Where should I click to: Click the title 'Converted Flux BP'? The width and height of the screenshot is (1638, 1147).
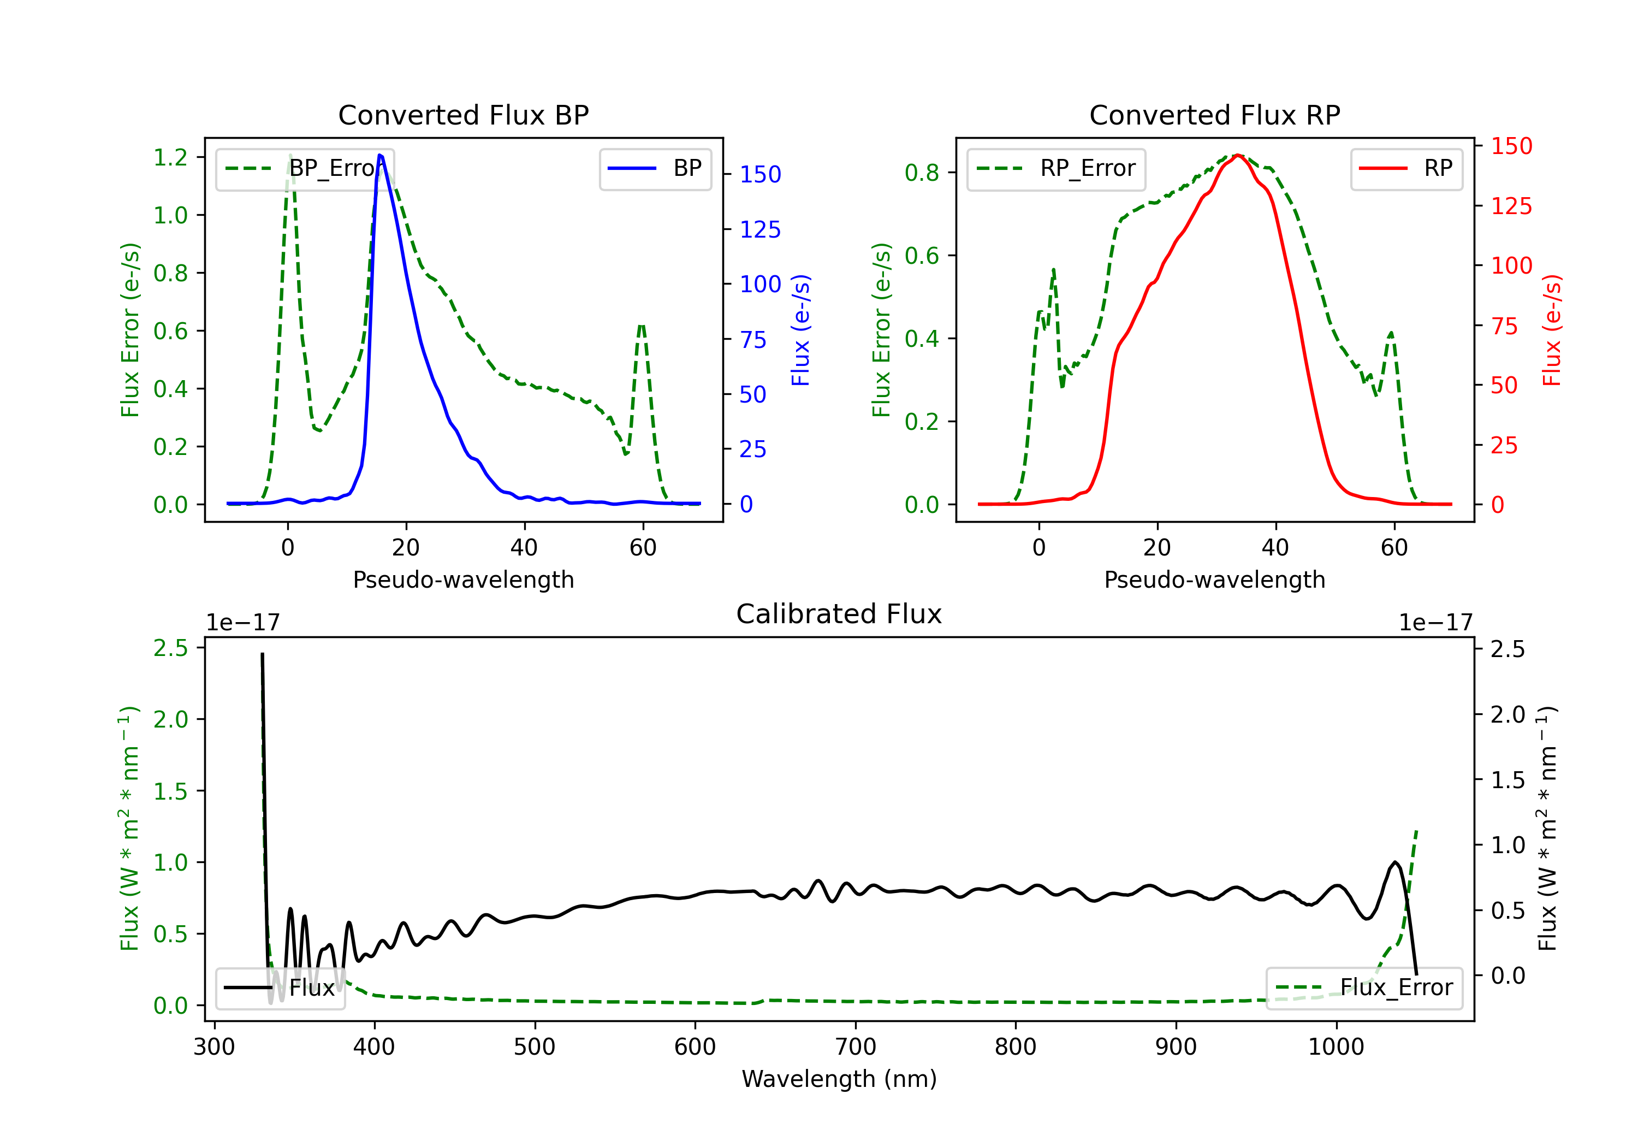click(x=464, y=115)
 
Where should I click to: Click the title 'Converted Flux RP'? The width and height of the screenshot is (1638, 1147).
click(x=1215, y=115)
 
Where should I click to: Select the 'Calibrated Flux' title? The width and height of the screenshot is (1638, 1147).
click(x=839, y=614)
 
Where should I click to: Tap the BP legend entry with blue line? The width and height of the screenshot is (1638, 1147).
click(x=655, y=168)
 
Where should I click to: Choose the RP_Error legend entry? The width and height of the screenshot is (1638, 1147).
click(x=1056, y=168)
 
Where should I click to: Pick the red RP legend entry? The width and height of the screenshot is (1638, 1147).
click(x=1406, y=168)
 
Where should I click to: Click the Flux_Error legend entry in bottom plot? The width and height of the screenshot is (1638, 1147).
click(x=1364, y=988)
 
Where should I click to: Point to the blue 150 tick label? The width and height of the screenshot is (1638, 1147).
click(x=761, y=174)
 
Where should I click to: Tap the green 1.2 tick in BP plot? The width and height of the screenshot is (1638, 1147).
click(x=170, y=157)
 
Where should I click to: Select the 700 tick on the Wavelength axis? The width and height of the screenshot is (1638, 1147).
click(x=856, y=1047)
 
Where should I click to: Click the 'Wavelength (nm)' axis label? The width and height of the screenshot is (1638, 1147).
click(x=839, y=1079)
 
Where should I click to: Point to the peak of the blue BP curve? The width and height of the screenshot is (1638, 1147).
click(x=379, y=155)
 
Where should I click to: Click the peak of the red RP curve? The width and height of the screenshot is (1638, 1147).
click(x=1238, y=155)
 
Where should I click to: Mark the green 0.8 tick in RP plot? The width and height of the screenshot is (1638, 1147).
click(x=922, y=173)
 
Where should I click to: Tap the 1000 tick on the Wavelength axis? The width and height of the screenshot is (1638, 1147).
click(x=1336, y=1047)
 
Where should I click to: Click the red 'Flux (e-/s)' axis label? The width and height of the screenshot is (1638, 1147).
click(x=1552, y=330)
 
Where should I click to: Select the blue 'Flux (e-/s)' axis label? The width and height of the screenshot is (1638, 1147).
click(x=800, y=330)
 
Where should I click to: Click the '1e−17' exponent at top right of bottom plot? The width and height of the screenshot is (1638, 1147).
click(x=1435, y=623)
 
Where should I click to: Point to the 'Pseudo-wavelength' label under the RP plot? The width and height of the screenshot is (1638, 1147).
click(x=1215, y=580)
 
